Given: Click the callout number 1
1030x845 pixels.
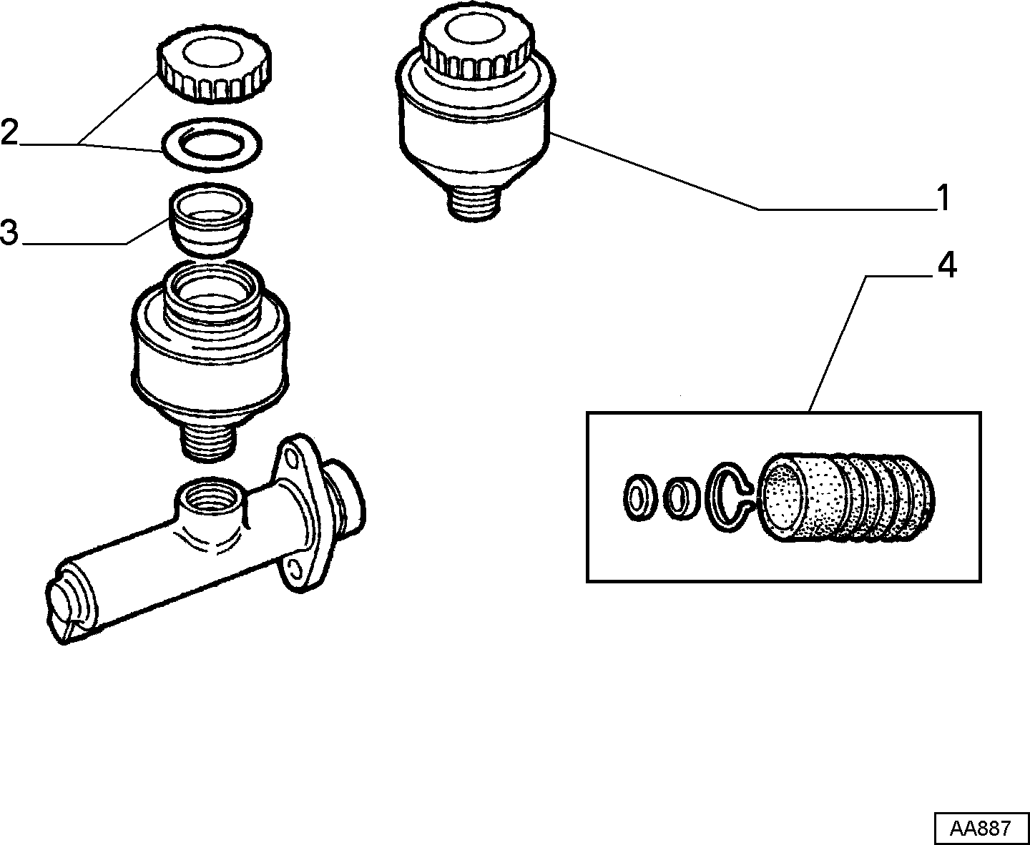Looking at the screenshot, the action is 943,198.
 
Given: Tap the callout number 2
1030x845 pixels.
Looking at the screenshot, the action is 9,132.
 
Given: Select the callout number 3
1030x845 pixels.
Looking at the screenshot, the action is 9,232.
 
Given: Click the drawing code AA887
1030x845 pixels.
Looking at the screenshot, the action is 981,829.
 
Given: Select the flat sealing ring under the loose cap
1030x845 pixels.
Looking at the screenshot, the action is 211,144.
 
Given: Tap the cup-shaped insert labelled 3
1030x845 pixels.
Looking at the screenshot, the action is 211,219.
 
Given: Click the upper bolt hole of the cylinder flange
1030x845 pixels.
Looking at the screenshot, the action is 292,459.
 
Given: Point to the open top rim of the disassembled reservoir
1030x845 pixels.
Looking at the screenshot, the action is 212,287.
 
